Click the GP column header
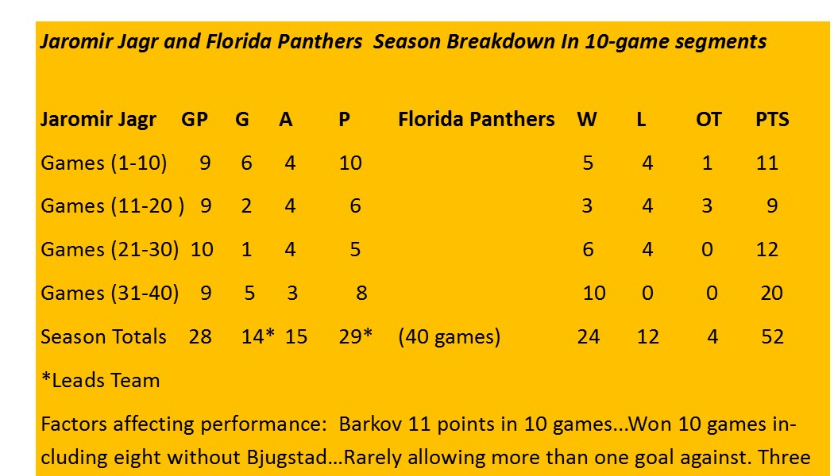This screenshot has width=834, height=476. pos(195,119)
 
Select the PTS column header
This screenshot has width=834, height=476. pos(772,119)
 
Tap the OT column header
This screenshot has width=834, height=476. pos(709,119)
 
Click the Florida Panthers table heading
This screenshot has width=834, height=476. pos(477,119)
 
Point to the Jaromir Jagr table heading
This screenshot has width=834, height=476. pos(98,120)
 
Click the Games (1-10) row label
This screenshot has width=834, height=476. pos(104,163)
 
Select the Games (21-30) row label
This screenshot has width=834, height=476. pos(110,250)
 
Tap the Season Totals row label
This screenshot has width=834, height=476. pos(104,337)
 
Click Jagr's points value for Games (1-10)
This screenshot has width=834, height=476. pos(350,163)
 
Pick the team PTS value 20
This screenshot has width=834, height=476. pos(772,294)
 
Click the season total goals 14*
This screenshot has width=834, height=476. pos(258,336)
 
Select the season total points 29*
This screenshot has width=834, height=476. pos(355,336)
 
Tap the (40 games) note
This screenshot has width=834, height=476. pos(450,337)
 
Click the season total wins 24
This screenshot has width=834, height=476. pos(589,337)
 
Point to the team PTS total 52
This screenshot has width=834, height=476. pos(772,337)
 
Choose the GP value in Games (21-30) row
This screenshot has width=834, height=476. pos(202,250)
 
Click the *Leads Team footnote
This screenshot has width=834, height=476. pos(101,380)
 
